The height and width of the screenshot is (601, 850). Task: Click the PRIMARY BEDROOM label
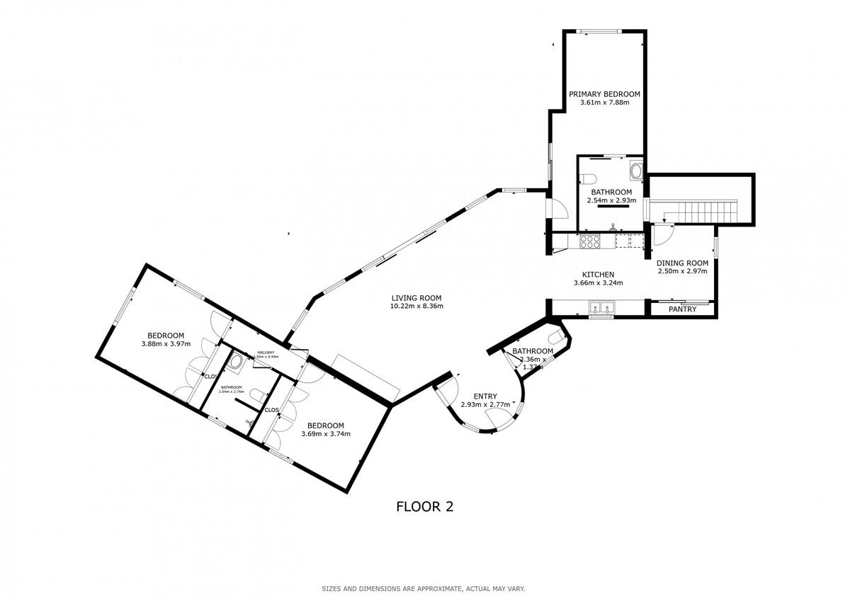click(x=604, y=94)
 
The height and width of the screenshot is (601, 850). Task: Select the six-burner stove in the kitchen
click(x=590, y=241)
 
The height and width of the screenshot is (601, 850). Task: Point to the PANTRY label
click(x=682, y=309)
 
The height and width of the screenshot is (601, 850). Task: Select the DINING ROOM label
click(x=682, y=263)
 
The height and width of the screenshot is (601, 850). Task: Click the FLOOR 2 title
click(x=424, y=507)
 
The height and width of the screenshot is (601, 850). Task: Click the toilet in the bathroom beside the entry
click(x=554, y=338)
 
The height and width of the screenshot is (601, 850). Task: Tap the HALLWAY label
click(x=266, y=353)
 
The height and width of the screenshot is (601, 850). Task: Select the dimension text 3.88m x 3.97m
click(x=166, y=344)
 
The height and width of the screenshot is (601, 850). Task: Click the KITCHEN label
click(x=598, y=275)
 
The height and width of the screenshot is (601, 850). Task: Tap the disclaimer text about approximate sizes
click(x=423, y=589)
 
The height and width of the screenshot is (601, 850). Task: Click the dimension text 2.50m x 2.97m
click(x=682, y=271)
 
